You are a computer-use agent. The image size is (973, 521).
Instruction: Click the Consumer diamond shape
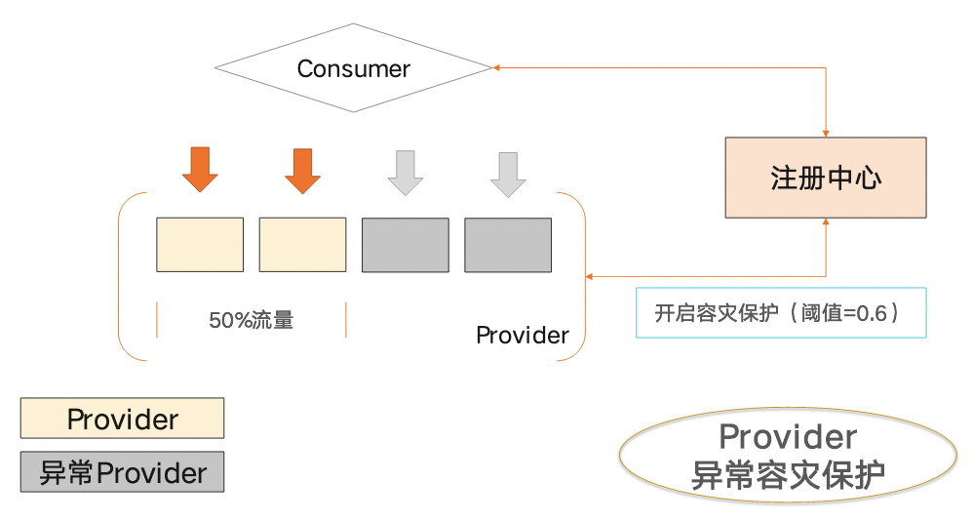[x=353, y=68]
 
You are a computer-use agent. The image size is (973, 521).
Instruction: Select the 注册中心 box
[x=826, y=178]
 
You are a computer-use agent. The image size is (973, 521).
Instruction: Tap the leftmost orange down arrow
[x=200, y=171]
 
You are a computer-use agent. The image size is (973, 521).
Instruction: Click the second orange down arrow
[x=302, y=171]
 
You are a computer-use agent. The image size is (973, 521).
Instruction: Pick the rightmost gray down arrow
[x=507, y=174]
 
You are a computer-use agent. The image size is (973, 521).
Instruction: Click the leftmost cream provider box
[x=200, y=244]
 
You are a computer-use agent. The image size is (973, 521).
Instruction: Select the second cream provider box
[x=302, y=244]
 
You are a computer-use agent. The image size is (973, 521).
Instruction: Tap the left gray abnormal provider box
[x=405, y=244]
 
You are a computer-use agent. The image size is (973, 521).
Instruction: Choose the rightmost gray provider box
[x=507, y=244]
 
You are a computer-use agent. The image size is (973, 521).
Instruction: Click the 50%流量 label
[x=251, y=320]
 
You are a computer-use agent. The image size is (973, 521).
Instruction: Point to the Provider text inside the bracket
[x=522, y=336]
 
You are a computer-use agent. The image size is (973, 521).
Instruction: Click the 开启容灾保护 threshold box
[x=780, y=313]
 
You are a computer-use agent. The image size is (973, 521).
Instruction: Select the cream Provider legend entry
[x=122, y=419]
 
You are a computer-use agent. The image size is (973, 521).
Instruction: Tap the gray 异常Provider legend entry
[x=122, y=473]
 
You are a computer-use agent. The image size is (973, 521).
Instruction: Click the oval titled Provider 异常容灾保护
[x=788, y=456]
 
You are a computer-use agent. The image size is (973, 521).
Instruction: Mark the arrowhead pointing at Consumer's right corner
[x=498, y=68]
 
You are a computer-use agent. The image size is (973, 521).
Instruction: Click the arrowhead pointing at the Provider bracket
[x=590, y=276]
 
